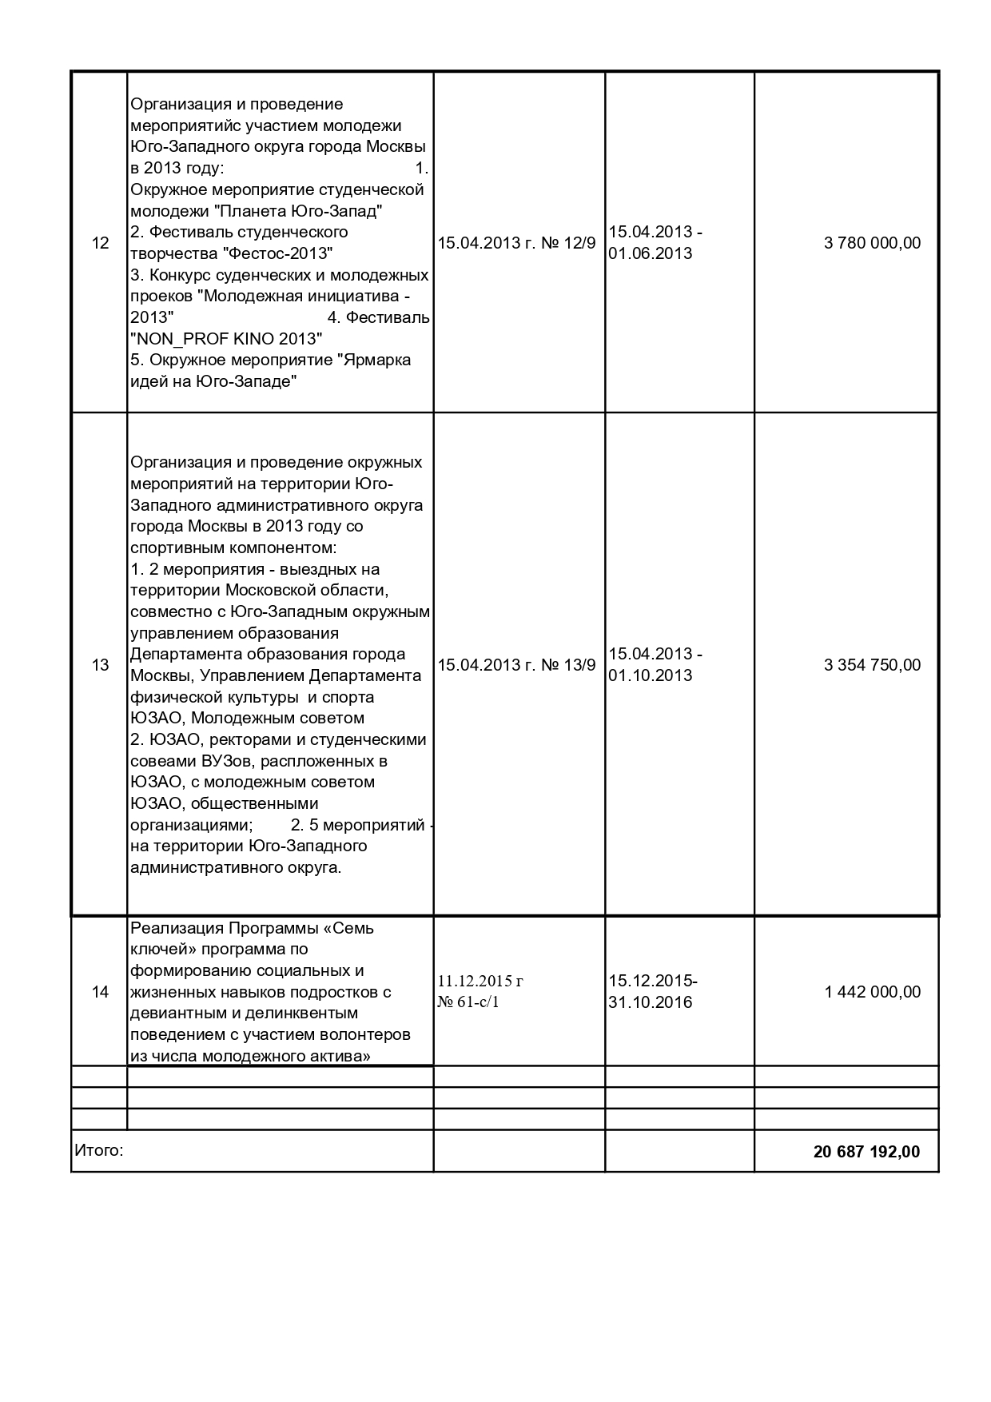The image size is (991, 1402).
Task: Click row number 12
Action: [x=100, y=243]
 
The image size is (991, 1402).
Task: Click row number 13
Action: [x=100, y=665]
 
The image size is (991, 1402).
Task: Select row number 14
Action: [x=100, y=992]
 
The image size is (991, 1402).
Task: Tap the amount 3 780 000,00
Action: [x=872, y=243]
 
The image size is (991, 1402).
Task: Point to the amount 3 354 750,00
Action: [x=872, y=665]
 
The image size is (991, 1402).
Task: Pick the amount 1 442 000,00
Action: [x=872, y=992]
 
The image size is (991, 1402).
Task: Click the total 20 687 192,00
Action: [x=866, y=1152]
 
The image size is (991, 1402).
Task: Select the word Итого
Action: [x=98, y=1151]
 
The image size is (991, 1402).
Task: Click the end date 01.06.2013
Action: [x=650, y=254]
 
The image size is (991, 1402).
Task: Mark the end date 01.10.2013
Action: [x=650, y=675]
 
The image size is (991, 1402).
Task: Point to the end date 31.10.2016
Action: [x=650, y=1003]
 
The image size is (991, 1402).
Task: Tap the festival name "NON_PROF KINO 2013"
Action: [x=226, y=339]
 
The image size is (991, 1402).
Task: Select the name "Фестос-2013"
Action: [x=277, y=254]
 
